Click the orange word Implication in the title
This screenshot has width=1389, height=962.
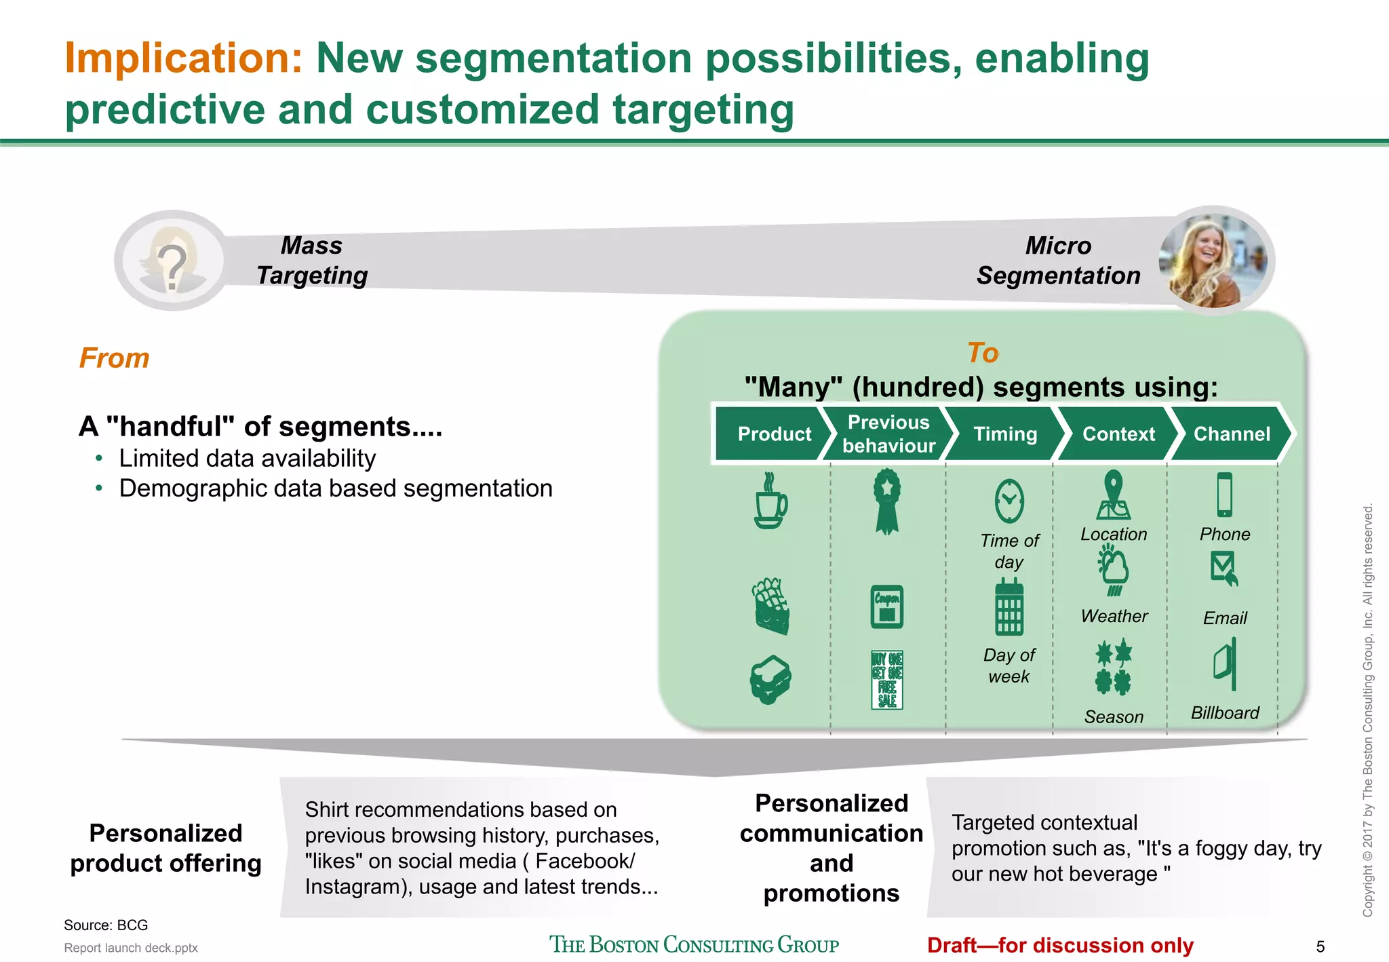tap(183, 58)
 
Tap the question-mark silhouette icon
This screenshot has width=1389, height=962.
tap(172, 261)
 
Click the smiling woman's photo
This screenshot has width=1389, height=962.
tap(1213, 261)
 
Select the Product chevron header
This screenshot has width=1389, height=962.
tap(773, 434)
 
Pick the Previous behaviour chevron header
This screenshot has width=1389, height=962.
tap(888, 434)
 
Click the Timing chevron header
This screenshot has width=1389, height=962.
tap(1004, 434)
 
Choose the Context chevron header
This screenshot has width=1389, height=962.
tap(1118, 434)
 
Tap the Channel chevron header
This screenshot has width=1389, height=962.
tap(1231, 434)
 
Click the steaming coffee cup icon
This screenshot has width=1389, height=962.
tap(770, 501)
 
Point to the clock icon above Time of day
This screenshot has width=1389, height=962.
tap(1009, 501)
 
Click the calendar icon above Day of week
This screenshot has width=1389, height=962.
tap(1009, 607)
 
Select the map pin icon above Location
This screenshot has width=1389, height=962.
tap(1113, 495)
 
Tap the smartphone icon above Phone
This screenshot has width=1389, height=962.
tap(1224, 495)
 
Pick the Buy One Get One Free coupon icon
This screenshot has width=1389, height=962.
tap(887, 680)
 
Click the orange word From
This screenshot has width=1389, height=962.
tap(114, 358)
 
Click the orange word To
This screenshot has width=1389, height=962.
tap(982, 353)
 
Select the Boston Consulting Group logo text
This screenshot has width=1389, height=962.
tap(694, 944)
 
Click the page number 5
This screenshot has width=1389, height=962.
tap(1320, 946)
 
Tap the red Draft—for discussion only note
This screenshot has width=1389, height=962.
tap(1060, 945)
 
